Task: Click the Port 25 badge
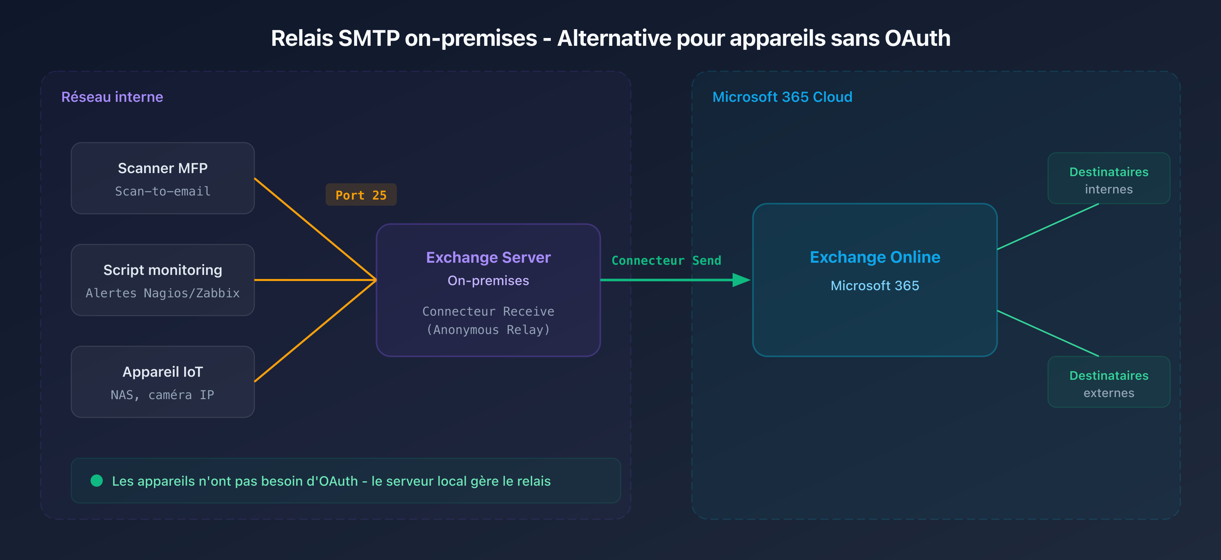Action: pyautogui.click(x=361, y=195)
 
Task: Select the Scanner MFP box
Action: pyautogui.click(x=162, y=178)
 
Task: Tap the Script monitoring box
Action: pyautogui.click(x=162, y=280)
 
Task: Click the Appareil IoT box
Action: pyautogui.click(x=162, y=382)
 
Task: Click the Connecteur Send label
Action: pyautogui.click(x=666, y=260)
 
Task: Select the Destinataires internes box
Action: pyautogui.click(x=1108, y=178)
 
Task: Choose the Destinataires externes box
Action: pyautogui.click(x=1108, y=382)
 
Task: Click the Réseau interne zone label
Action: pyautogui.click(x=112, y=97)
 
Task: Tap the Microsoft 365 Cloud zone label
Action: pyautogui.click(x=782, y=97)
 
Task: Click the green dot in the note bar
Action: pyautogui.click(x=97, y=481)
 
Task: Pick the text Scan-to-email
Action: pyautogui.click(x=162, y=191)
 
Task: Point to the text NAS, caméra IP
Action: pyautogui.click(x=162, y=395)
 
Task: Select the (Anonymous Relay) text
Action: pyautogui.click(x=488, y=330)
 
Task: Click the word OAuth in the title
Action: pyautogui.click(x=917, y=38)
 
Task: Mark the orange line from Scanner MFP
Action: pyautogui.click(x=315, y=228)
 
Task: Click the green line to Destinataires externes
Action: pyautogui.click(x=1048, y=333)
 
